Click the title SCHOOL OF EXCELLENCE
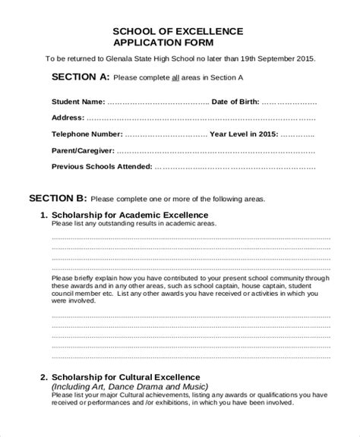pyautogui.click(x=178, y=30)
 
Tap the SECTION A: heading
pyautogui.click(x=80, y=77)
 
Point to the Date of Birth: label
pyautogui.click(x=235, y=101)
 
